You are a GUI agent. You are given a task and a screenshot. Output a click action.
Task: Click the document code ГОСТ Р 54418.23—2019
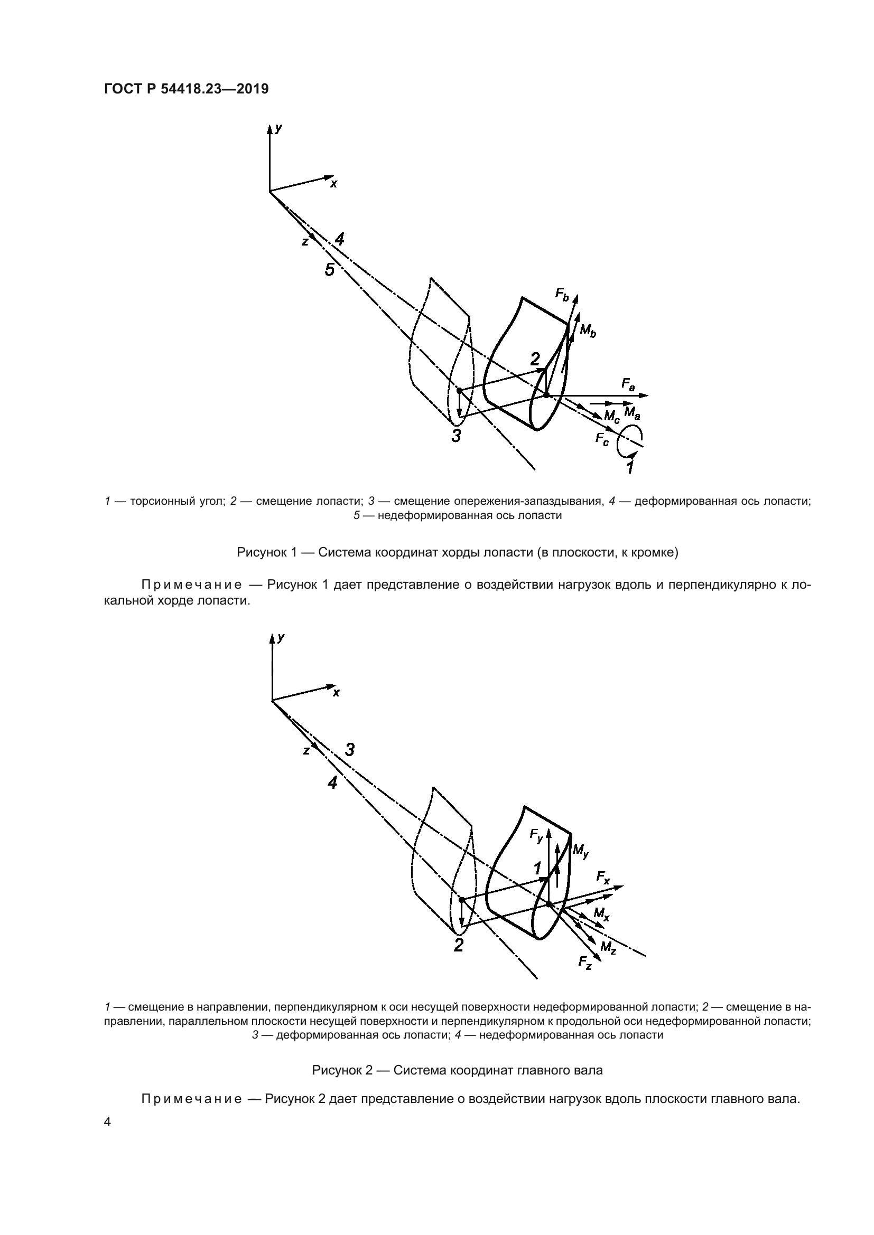point(185,89)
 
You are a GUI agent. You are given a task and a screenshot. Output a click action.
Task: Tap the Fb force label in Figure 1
point(562,294)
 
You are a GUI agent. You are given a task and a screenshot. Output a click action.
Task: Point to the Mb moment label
point(588,331)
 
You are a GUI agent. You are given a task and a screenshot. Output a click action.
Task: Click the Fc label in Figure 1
point(602,439)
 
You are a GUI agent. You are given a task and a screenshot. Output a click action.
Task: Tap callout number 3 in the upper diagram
point(456,435)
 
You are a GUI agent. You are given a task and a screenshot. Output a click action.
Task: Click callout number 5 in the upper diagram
point(329,269)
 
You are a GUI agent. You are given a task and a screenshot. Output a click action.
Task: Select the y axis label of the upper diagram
point(278,128)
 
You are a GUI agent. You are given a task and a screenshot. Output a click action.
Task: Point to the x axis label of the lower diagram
point(337,693)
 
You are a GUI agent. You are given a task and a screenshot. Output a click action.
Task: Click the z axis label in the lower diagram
point(305,750)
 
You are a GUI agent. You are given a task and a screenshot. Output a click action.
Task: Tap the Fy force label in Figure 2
point(536,835)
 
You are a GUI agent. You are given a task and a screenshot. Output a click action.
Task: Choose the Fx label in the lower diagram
point(603,878)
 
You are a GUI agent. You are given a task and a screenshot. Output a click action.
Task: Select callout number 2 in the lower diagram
point(458,945)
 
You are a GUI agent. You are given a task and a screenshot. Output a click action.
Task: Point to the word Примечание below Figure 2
point(191,1098)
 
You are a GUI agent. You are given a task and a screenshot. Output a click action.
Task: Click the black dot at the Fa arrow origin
point(546,395)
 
